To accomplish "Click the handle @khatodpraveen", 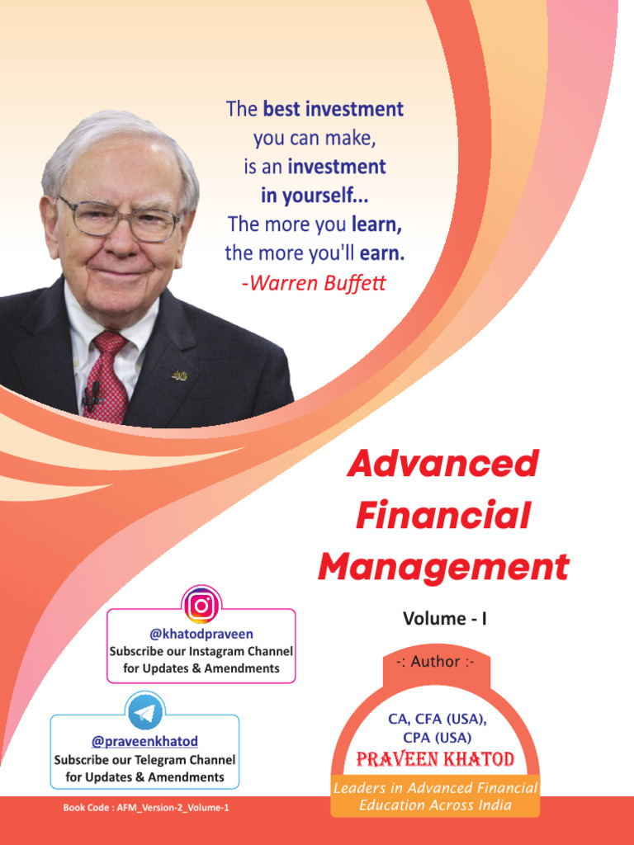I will coord(201,634).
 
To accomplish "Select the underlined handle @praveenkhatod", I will coord(144,741).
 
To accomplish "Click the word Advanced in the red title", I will coord(443,464).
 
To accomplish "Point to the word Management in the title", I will coord(443,568).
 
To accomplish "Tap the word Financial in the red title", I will coord(443,516).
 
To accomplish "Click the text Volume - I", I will coord(444,618).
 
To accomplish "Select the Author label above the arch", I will coord(435,662).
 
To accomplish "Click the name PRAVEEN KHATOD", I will coord(435,758).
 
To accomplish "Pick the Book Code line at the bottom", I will coord(146,807).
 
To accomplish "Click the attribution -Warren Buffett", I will coord(314,284).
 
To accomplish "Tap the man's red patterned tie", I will coord(108,375).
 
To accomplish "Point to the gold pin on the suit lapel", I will coord(179,375).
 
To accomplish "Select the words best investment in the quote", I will coord(334,109).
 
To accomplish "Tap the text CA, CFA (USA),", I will coord(437,718).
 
